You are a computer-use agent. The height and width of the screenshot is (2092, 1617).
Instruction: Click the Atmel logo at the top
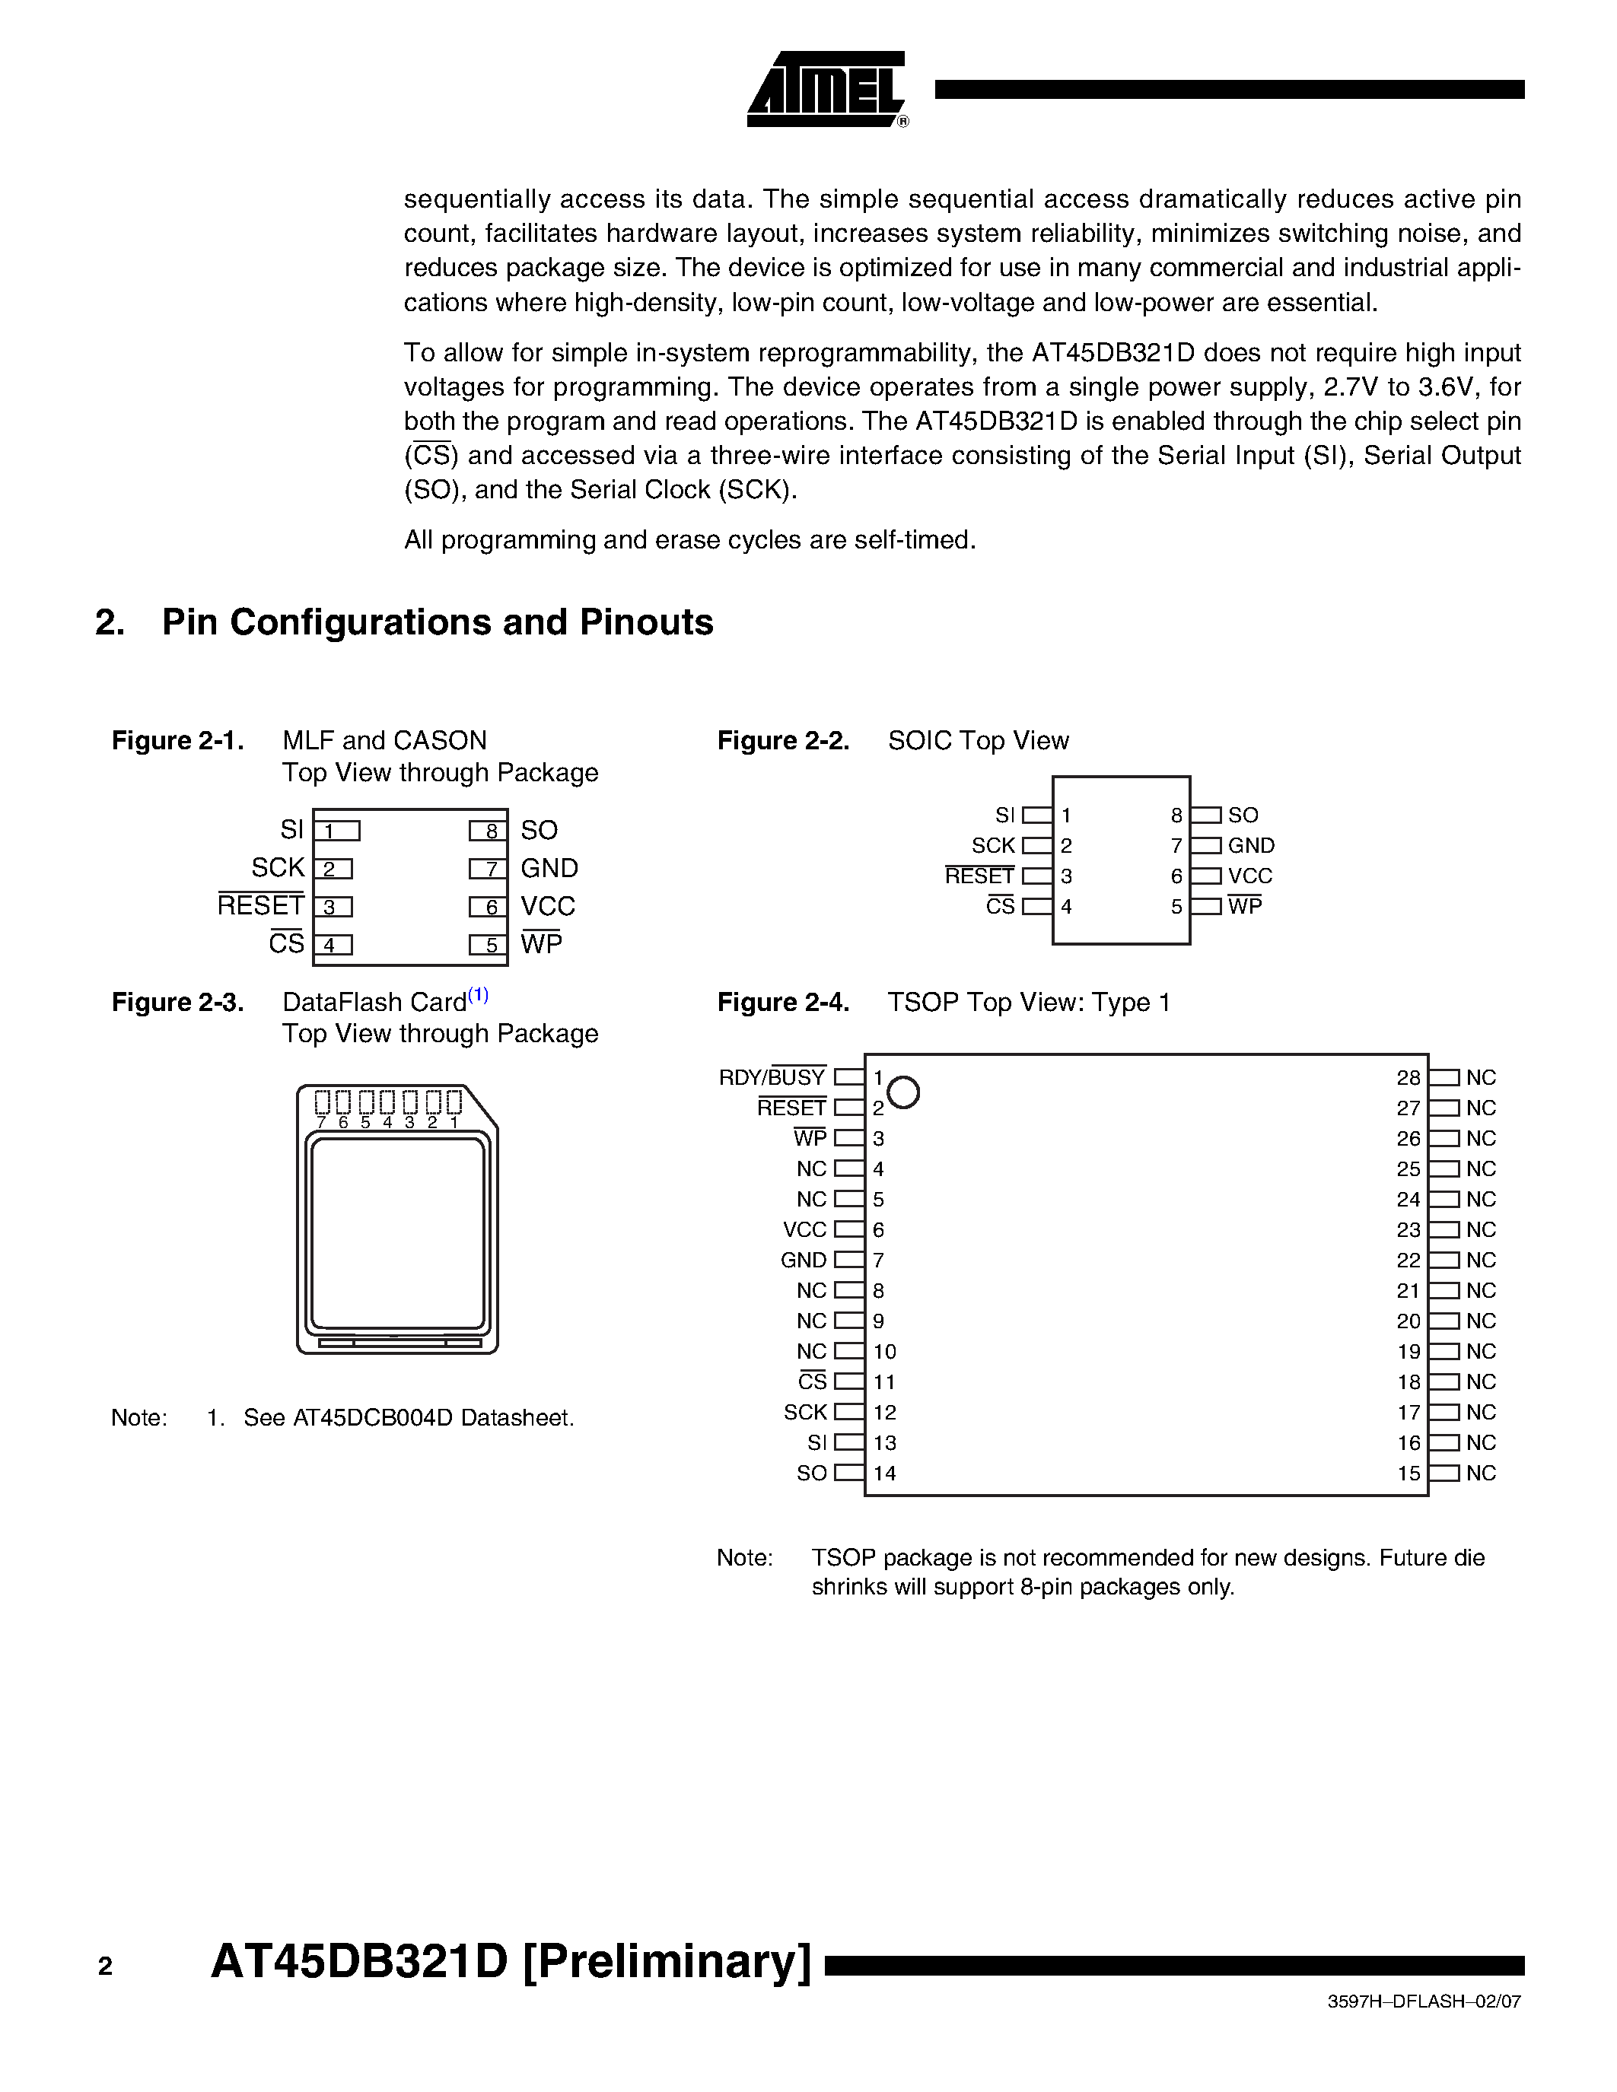[x=826, y=90]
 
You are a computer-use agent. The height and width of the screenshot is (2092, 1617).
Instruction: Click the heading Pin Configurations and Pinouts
[x=437, y=622]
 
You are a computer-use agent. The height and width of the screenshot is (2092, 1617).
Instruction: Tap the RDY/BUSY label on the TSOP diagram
[x=772, y=1078]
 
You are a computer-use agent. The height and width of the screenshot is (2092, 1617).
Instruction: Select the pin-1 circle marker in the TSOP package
[x=903, y=1092]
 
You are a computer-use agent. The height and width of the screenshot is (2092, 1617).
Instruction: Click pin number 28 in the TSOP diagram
[x=1407, y=1078]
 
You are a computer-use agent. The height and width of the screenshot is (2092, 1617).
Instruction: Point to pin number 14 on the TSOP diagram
[x=884, y=1474]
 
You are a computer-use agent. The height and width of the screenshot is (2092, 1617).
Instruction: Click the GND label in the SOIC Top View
[x=1251, y=846]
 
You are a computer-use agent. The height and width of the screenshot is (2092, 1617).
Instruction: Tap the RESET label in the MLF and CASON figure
[x=260, y=906]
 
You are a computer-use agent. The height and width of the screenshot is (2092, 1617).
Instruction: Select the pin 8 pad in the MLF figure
[x=489, y=831]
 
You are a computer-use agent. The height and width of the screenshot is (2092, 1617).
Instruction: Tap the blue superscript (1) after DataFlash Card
[x=478, y=995]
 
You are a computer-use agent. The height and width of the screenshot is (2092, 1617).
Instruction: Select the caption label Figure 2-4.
[x=783, y=1003]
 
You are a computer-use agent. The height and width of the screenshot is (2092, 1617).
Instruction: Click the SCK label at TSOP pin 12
[x=804, y=1412]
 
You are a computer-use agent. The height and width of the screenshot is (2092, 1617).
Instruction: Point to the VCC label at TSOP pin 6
[x=804, y=1230]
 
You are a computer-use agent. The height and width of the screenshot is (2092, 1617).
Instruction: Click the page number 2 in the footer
[x=105, y=1966]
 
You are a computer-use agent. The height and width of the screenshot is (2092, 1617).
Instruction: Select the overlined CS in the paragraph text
[x=431, y=456]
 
